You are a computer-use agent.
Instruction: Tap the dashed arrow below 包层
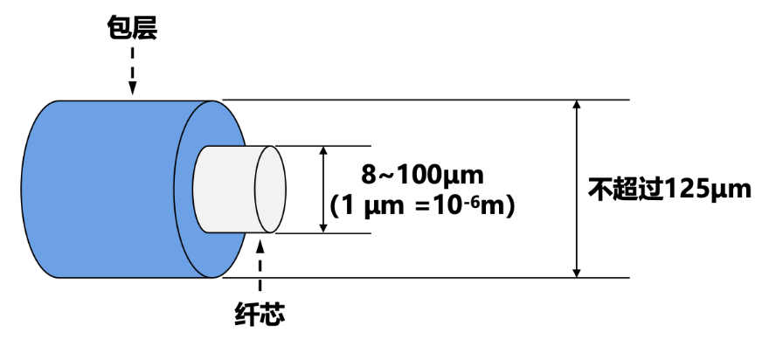(133, 68)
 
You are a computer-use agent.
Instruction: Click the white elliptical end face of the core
(270, 190)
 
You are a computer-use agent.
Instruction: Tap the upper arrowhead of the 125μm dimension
(576, 107)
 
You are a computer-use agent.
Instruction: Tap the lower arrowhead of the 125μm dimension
(576, 271)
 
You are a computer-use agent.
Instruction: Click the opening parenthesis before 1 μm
(336, 208)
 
